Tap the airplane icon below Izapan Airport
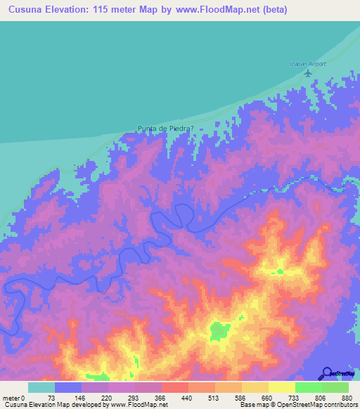coord(307,72)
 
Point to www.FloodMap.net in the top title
coord(217,10)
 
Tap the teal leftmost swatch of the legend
coord(41,387)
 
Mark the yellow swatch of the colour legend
coord(282,387)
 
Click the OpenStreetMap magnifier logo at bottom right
coord(327,373)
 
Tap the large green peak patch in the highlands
coord(220,331)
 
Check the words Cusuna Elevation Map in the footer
coord(32,404)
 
